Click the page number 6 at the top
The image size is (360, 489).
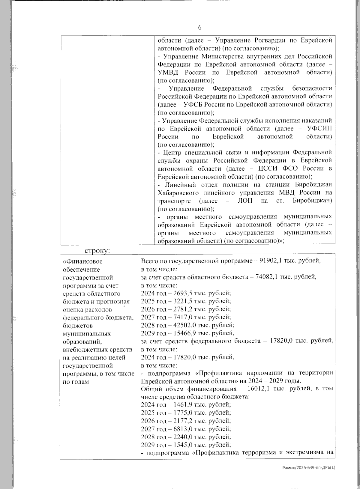pyautogui.click(x=200, y=28)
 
